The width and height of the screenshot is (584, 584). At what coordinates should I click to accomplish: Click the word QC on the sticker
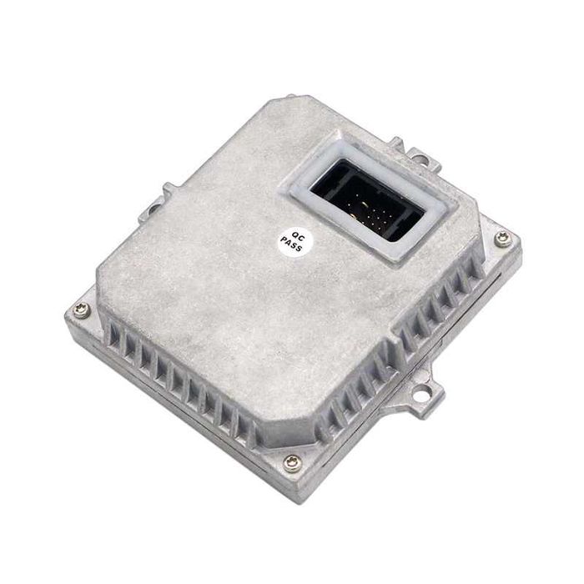(299, 236)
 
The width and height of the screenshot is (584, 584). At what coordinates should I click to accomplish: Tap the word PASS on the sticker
(291, 244)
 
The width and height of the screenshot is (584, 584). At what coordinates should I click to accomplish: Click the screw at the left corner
(82, 310)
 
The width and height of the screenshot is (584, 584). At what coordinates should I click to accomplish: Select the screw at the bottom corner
(292, 463)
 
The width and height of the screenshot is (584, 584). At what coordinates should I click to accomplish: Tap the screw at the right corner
(503, 239)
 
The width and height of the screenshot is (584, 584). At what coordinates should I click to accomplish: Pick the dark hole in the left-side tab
(154, 209)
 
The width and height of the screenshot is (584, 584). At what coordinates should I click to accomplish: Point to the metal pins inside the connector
(366, 214)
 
